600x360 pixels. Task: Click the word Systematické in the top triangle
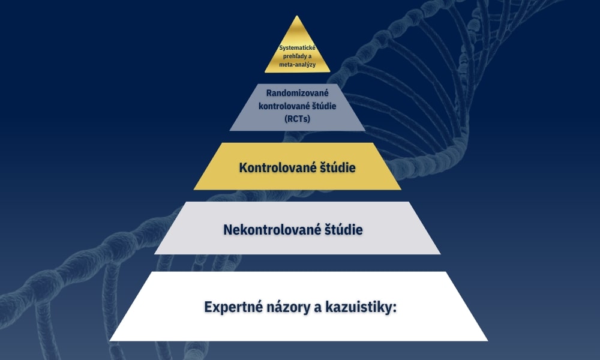(x=298, y=48)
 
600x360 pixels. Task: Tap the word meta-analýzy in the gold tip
(x=298, y=65)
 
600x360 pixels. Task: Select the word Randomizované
(x=298, y=93)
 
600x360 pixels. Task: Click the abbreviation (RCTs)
(x=298, y=119)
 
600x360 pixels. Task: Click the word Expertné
(x=231, y=307)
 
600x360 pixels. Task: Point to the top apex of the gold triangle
(x=297, y=16)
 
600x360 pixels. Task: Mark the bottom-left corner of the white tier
(x=109, y=340)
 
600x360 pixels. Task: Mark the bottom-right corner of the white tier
(x=488, y=340)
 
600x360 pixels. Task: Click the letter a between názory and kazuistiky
(x=318, y=308)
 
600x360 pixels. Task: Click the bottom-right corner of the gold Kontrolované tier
(x=401, y=190)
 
